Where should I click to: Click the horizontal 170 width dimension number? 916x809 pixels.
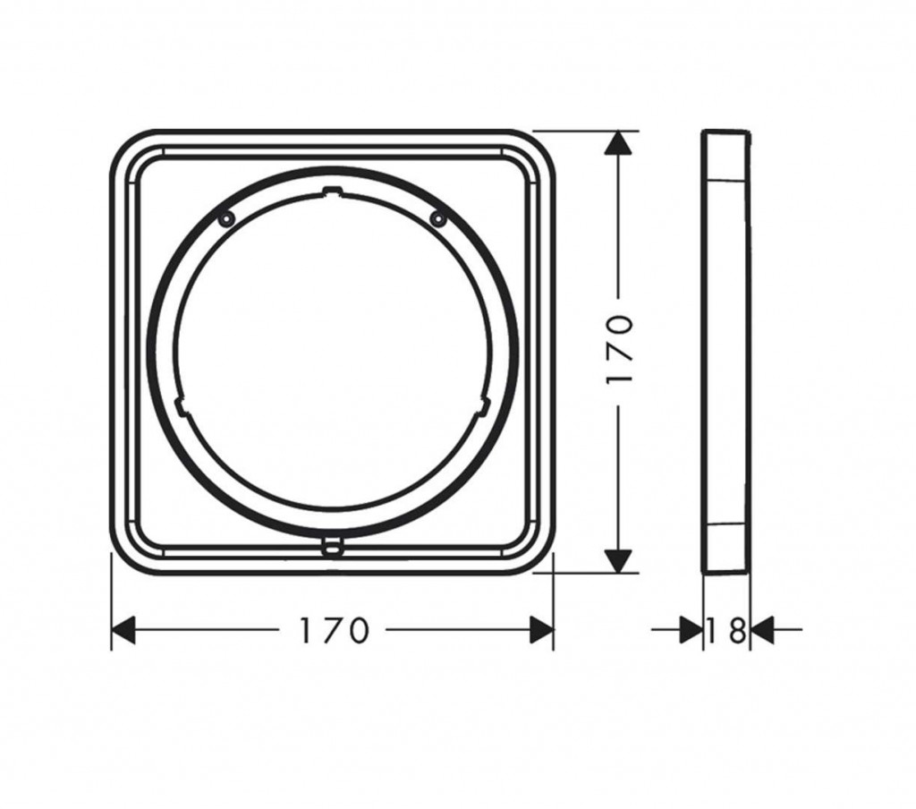click(335, 631)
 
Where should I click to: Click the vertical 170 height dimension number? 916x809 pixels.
click(620, 350)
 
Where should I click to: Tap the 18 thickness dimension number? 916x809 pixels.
click(726, 631)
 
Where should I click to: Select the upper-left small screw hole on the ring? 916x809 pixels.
click(225, 218)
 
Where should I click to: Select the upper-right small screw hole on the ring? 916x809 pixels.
click(437, 218)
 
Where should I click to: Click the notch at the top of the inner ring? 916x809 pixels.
click(331, 190)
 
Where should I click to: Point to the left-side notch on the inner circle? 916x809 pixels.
click(182, 406)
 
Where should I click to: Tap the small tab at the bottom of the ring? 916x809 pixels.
click(331, 547)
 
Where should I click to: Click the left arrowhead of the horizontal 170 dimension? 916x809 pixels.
click(123, 631)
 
